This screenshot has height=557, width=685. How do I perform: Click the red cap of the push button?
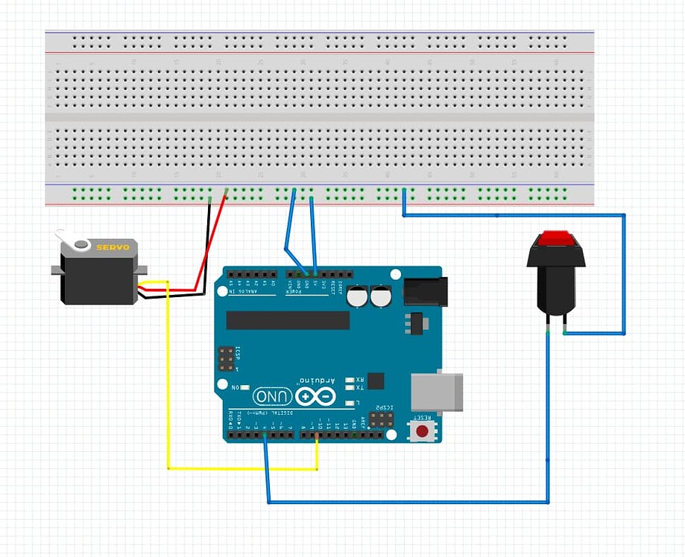pyautogui.click(x=556, y=238)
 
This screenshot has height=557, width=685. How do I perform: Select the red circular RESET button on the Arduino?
pyautogui.click(x=423, y=430)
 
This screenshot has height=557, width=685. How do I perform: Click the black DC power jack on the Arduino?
pyautogui.click(x=425, y=290)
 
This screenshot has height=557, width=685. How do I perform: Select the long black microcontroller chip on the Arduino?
pyautogui.click(x=288, y=320)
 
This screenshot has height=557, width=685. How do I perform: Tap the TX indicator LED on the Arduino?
pyautogui.click(x=350, y=388)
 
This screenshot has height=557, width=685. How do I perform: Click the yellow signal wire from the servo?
pyautogui.click(x=168, y=372)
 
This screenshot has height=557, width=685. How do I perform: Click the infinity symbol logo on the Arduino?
pyautogui.click(x=315, y=397)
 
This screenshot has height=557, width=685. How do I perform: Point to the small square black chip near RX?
pyautogui.click(x=376, y=381)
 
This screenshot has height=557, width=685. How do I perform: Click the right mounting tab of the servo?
pyautogui.click(x=142, y=270)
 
